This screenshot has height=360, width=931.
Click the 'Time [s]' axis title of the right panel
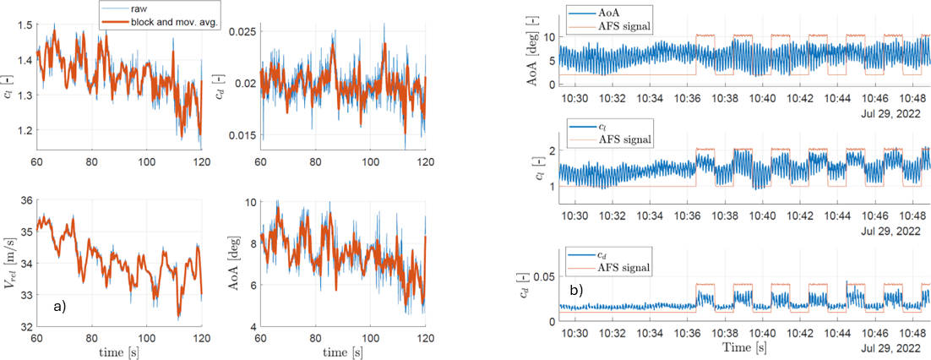click(744, 347)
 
